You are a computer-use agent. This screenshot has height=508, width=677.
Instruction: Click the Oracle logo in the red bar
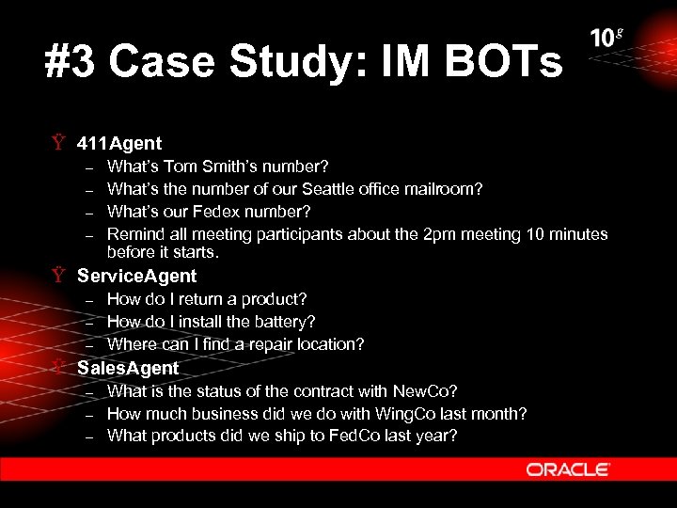pyautogui.click(x=568, y=468)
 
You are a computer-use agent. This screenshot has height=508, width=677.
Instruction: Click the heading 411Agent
pyautogui.click(x=119, y=144)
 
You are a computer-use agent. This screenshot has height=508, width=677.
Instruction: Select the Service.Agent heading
pyautogui.click(x=136, y=276)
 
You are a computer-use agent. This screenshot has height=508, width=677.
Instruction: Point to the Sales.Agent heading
pyautogui.click(x=128, y=367)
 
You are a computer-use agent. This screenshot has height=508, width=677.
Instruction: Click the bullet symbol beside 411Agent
pyautogui.click(x=58, y=144)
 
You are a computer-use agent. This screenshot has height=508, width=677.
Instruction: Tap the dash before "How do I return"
pyautogui.click(x=89, y=299)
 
